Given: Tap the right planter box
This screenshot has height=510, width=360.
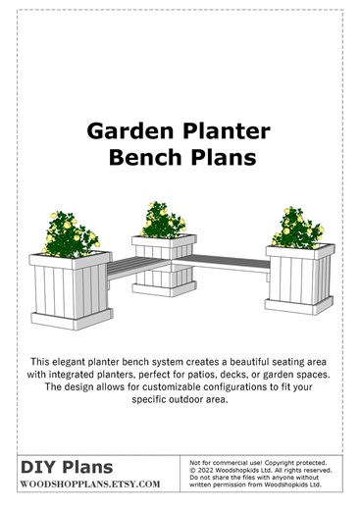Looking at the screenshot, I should click(x=294, y=284).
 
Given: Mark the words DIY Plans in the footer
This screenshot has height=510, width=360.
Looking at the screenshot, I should click(x=67, y=468).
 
